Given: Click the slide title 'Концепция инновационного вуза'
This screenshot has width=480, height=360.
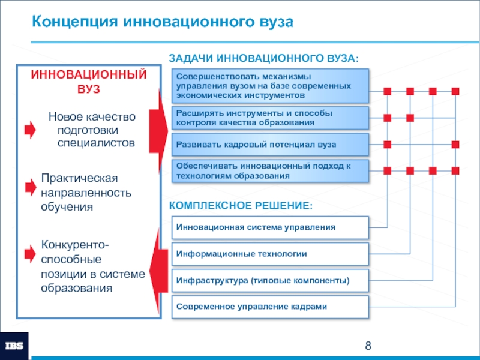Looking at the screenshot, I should (163, 23).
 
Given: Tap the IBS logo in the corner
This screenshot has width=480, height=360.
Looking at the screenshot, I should (14, 345).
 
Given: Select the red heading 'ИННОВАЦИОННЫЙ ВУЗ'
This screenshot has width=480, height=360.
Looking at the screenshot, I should (89, 81).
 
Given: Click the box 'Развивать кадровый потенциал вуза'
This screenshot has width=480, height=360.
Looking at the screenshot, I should (271, 145).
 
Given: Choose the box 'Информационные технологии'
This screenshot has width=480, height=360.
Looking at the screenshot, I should (271, 254).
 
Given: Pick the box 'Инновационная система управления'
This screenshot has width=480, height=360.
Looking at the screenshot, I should (271, 227).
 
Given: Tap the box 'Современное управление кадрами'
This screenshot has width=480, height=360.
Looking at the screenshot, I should (271, 306).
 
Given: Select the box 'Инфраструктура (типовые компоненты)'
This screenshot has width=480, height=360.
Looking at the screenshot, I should (271, 280).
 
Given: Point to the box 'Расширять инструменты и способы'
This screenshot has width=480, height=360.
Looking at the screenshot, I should (271, 118).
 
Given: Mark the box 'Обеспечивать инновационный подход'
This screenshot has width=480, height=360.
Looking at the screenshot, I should (271, 171).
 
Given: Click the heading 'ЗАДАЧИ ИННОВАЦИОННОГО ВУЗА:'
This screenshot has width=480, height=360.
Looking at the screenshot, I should (263, 59).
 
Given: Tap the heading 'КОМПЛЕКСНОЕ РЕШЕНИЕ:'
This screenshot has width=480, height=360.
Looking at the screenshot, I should (241, 206).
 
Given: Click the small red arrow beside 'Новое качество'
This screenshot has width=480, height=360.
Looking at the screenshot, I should (30, 130).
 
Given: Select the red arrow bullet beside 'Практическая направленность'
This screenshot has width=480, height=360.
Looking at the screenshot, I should (30, 188).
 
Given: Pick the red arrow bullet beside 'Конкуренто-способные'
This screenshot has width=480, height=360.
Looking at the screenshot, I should (30, 254).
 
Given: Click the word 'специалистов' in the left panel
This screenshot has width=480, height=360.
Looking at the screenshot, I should (96, 143).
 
